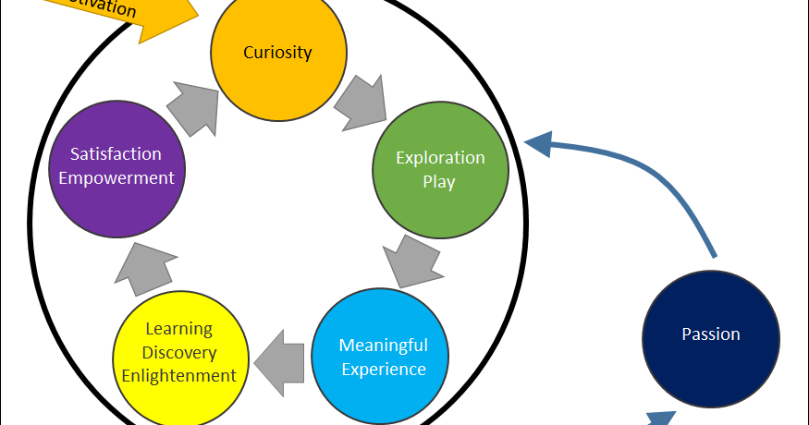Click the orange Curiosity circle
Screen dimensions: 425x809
tap(278, 53)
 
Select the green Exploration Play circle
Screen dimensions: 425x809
tap(440, 169)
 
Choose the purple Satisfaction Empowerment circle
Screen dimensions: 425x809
tap(117, 166)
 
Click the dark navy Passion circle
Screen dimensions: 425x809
tap(710, 334)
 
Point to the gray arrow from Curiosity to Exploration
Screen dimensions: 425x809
tap(361, 101)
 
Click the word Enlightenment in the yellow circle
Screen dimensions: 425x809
tap(179, 376)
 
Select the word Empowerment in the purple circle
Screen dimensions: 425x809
tap(116, 177)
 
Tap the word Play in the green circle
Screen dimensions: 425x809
tap(439, 181)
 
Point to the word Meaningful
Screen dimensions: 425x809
tap(383, 346)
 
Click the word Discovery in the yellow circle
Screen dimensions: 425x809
tap(180, 353)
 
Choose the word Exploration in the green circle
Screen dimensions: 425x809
tap(440, 157)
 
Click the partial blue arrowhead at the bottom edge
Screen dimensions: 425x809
tap(658, 418)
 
